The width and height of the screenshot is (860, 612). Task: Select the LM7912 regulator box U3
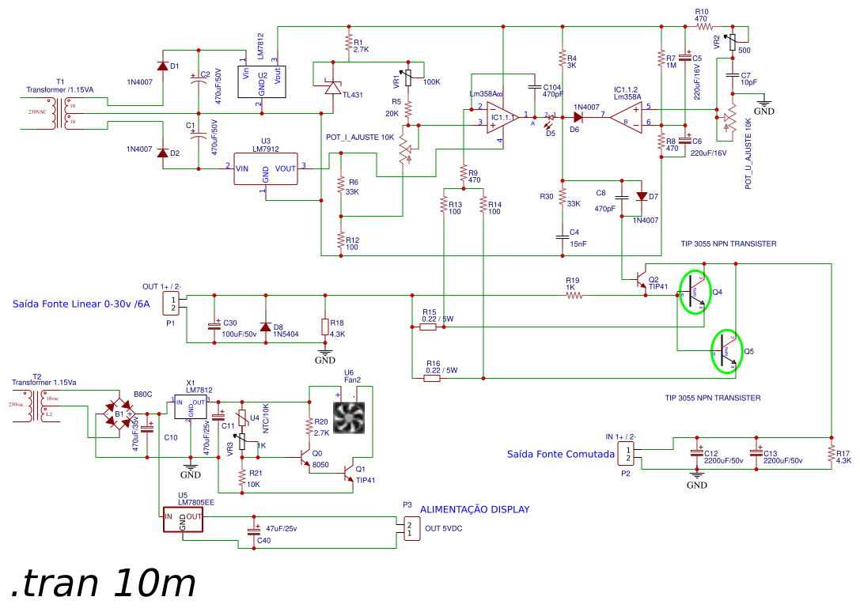(x=265, y=168)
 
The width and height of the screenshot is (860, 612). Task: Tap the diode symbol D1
(x=163, y=66)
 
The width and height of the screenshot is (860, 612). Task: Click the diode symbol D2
(x=163, y=153)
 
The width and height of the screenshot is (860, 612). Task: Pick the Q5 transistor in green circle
(x=727, y=350)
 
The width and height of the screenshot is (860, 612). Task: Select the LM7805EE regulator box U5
(x=183, y=519)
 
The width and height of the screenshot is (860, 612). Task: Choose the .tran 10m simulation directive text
(x=104, y=584)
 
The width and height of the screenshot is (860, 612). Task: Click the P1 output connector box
(x=175, y=302)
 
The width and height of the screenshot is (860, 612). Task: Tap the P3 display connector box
(x=409, y=529)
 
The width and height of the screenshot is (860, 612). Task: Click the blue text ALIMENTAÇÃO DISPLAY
(x=474, y=509)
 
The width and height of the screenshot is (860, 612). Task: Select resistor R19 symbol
(x=574, y=296)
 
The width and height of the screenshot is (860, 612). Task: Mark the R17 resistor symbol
(x=831, y=453)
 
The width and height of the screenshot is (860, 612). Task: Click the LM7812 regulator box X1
(x=190, y=408)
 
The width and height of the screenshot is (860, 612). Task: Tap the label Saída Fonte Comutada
(x=560, y=454)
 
